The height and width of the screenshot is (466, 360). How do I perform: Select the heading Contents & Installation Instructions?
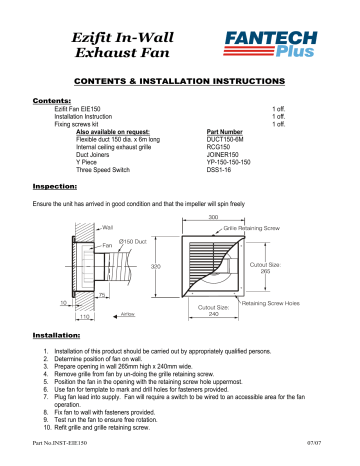[x=179, y=79]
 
